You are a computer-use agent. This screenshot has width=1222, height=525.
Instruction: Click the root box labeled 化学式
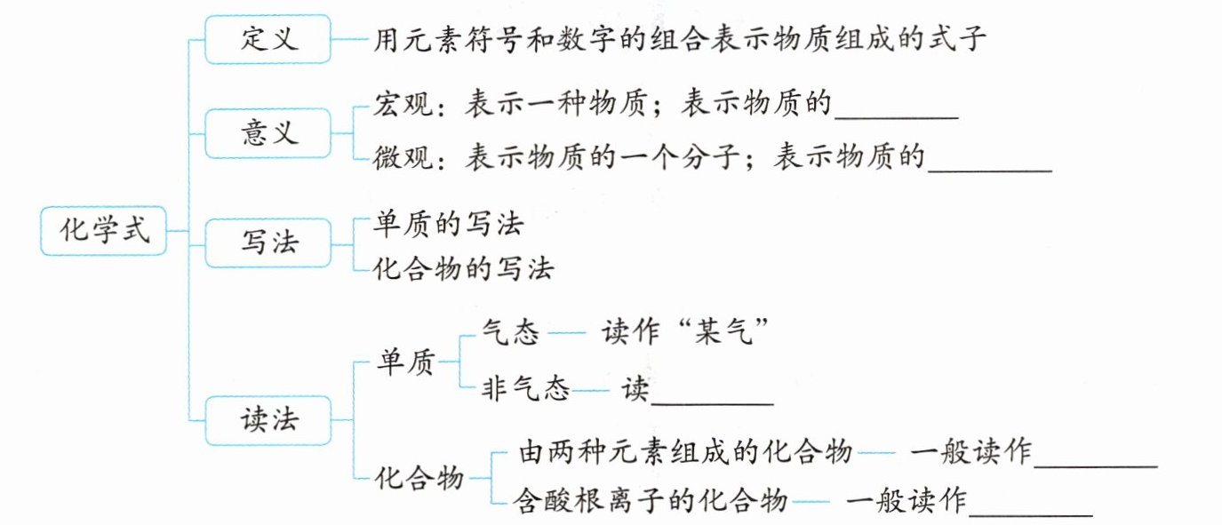click(104, 232)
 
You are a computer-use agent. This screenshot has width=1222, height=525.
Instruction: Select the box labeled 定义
click(268, 39)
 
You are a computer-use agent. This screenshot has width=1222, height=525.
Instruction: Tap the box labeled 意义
click(268, 133)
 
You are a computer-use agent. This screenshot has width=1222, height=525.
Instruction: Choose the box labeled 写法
click(268, 243)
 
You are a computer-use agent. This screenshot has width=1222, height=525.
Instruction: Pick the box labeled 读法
click(268, 421)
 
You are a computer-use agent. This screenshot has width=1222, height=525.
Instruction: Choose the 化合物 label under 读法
click(420, 479)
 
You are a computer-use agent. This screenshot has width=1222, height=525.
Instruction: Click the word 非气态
click(525, 389)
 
